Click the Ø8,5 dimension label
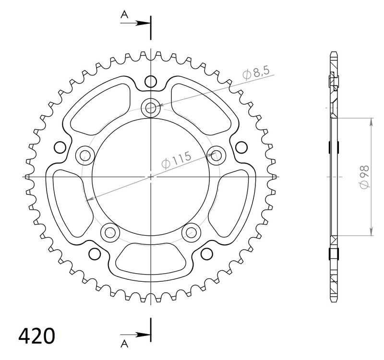(257, 73)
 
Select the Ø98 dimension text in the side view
(363, 177)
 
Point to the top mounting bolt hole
(151, 107)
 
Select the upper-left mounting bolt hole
(85, 154)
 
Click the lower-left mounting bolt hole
(110, 232)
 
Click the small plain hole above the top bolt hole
(151, 80)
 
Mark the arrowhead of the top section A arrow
(145, 22)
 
